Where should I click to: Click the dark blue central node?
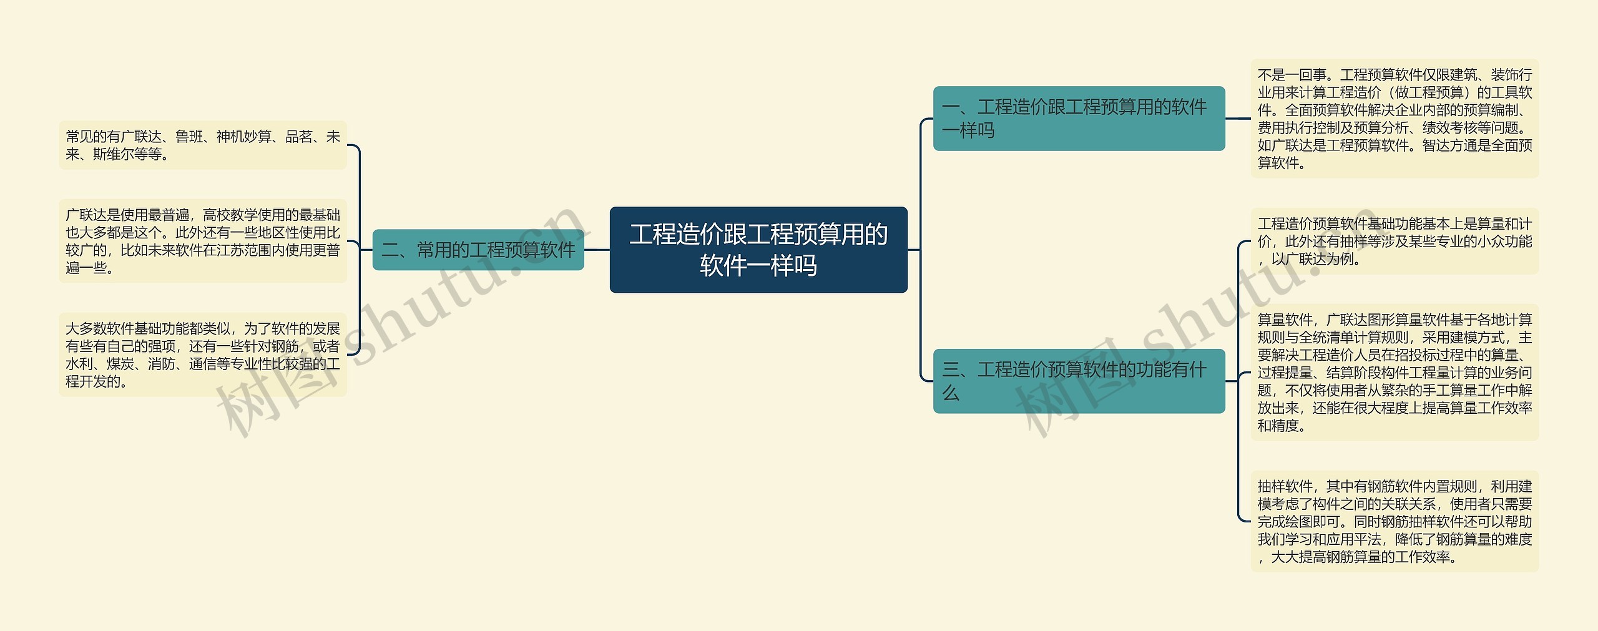pyautogui.click(x=758, y=250)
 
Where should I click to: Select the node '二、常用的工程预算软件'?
pyautogui.click(x=478, y=250)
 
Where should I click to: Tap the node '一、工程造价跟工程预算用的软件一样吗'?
pyautogui.click(x=1079, y=119)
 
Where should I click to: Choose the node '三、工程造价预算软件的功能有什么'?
pyautogui.click(x=1079, y=381)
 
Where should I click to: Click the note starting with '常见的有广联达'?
pyautogui.click(x=202, y=145)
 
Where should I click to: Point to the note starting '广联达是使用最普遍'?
pyautogui.click(x=202, y=241)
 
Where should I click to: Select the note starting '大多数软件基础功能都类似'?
pyautogui.click(x=202, y=355)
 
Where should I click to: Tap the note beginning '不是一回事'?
pyautogui.click(x=1395, y=119)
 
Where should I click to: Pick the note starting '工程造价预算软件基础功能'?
pyautogui.click(x=1395, y=241)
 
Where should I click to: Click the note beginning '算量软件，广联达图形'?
pyautogui.click(x=1395, y=372)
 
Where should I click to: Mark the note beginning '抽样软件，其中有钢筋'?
pyautogui.click(x=1395, y=521)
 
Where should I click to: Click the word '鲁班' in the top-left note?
pyautogui.click(x=189, y=137)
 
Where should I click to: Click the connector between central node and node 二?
pyautogui.click(x=597, y=250)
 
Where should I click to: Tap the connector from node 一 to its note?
pyautogui.click(x=1238, y=119)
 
